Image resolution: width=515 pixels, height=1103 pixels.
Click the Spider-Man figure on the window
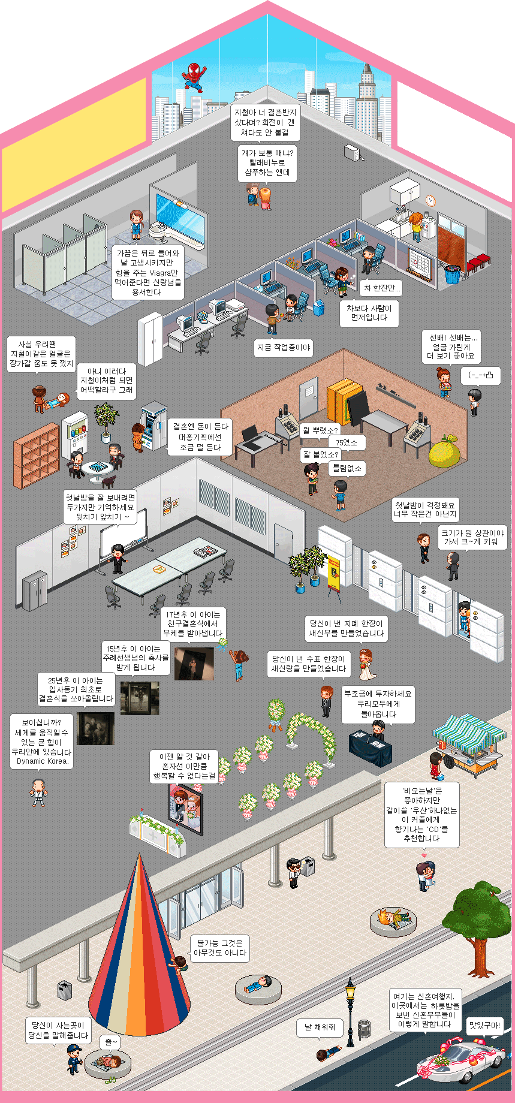pyautogui.click(x=194, y=76)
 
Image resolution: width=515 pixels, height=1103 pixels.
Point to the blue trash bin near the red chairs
pyautogui.click(x=453, y=273)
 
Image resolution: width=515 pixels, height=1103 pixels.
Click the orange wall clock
pyautogui.click(x=430, y=200)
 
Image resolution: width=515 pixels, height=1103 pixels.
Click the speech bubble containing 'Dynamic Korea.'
pyautogui.click(x=41, y=742)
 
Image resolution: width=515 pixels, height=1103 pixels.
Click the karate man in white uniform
pyautogui.click(x=38, y=792)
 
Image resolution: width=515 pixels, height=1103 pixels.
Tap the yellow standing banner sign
pyautogui.click(x=333, y=572)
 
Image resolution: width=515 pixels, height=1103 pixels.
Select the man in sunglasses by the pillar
pyautogui.click(x=293, y=872)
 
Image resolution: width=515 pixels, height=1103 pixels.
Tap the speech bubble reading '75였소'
pyautogui.click(x=347, y=442)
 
